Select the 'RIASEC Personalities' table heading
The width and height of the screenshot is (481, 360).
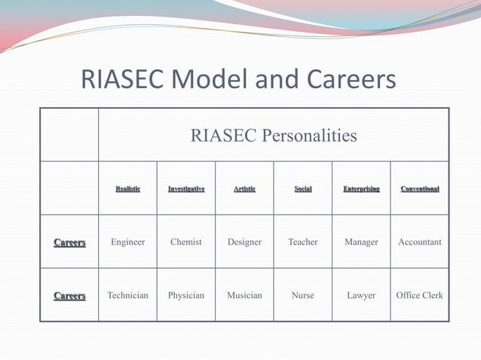pyautogui.click(x=274, y=136)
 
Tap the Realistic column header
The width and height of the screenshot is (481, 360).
pyautogui.click(x=127, y=188)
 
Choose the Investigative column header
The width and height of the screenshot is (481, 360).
pyautogui.click(x=186, y=188)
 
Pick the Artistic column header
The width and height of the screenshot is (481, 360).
pyautogui.click(x=244, y=188)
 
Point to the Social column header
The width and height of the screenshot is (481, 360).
pyautogui.click(x=302, y=188)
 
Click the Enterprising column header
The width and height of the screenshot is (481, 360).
pyautogui.click(x=361, y=188)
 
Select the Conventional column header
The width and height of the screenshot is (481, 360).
pyautogui.click(x=420, y=188)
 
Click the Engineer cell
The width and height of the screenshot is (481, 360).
pyautogui.click(x=127, y=243)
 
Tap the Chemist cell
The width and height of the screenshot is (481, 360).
pyautogui.click(x=186, y=243)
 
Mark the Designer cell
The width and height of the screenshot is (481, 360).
pyautogui.click(x=244, y=243)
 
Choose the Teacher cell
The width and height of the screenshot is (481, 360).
pyautogui.click(x=302, y=243)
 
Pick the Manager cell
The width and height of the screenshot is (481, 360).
pyautogui.click(x=361, y=243)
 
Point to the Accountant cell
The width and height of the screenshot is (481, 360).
pyautogui.click(x=420, y=243)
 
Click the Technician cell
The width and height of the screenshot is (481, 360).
pyautogui.click(x=127, y=295)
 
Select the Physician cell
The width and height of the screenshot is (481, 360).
pyautogui.click(x=186, y=295)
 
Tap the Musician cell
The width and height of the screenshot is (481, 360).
pyautogui.click(x=244, y=295)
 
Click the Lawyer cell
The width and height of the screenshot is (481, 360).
pyautogui.click(x=361, y=295)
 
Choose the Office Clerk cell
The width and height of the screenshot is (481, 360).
pyautogui.click(x=420, y=295)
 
